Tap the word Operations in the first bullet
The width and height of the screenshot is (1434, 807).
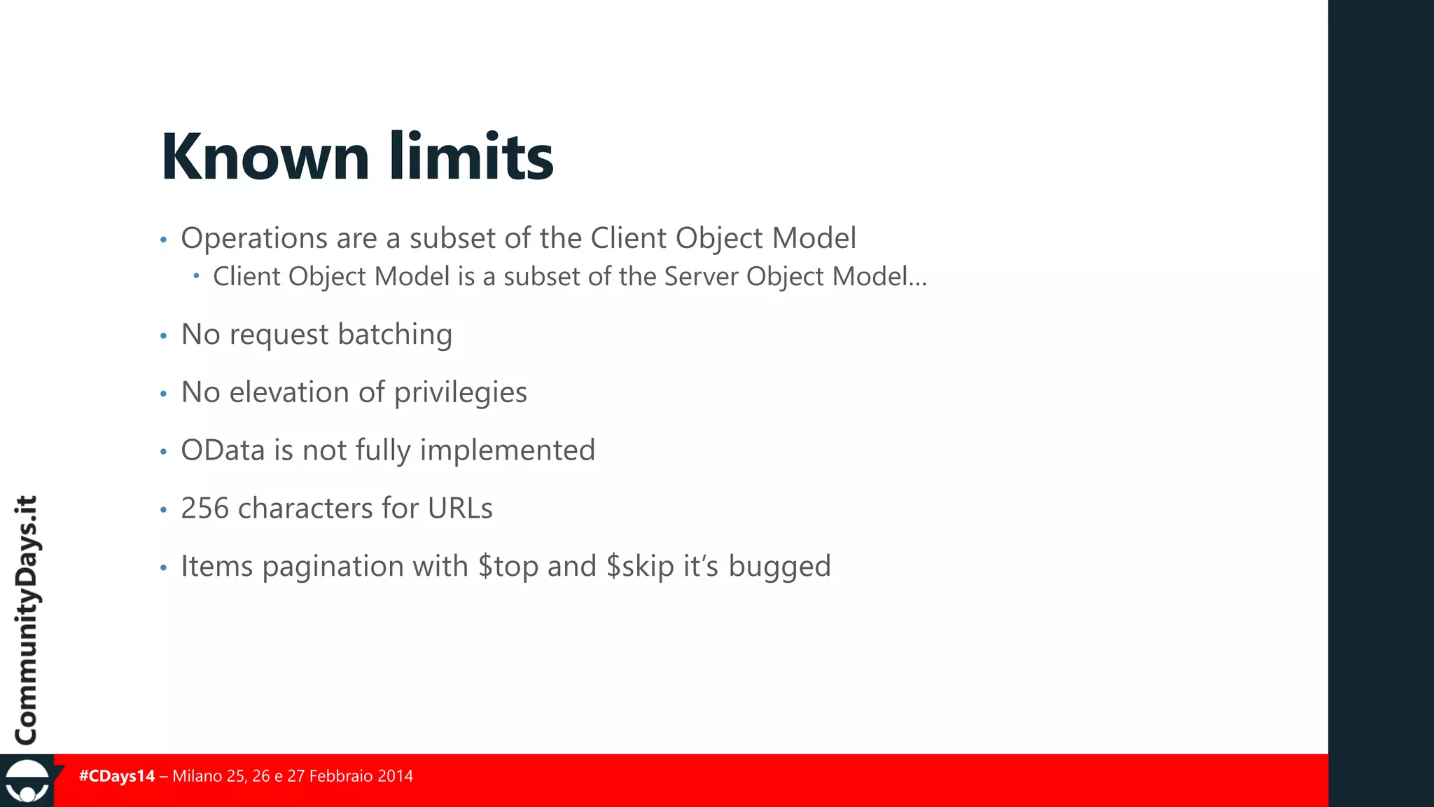[x=254, y=239]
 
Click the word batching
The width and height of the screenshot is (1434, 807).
[x=395, y=334]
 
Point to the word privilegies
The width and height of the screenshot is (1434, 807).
[x=460, y=393]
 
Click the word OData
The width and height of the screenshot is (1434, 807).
[x=223, y=450]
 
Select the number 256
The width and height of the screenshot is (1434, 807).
[x=204, y=509]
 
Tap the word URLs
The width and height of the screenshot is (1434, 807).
[x=460, y=509]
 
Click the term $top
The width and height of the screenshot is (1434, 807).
[x=508, y=567]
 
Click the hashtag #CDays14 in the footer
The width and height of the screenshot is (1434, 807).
[x=117, y=776]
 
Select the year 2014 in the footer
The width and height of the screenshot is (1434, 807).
[x=395, y=776]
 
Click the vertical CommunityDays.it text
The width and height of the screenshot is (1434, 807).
[x=27, y=620]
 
